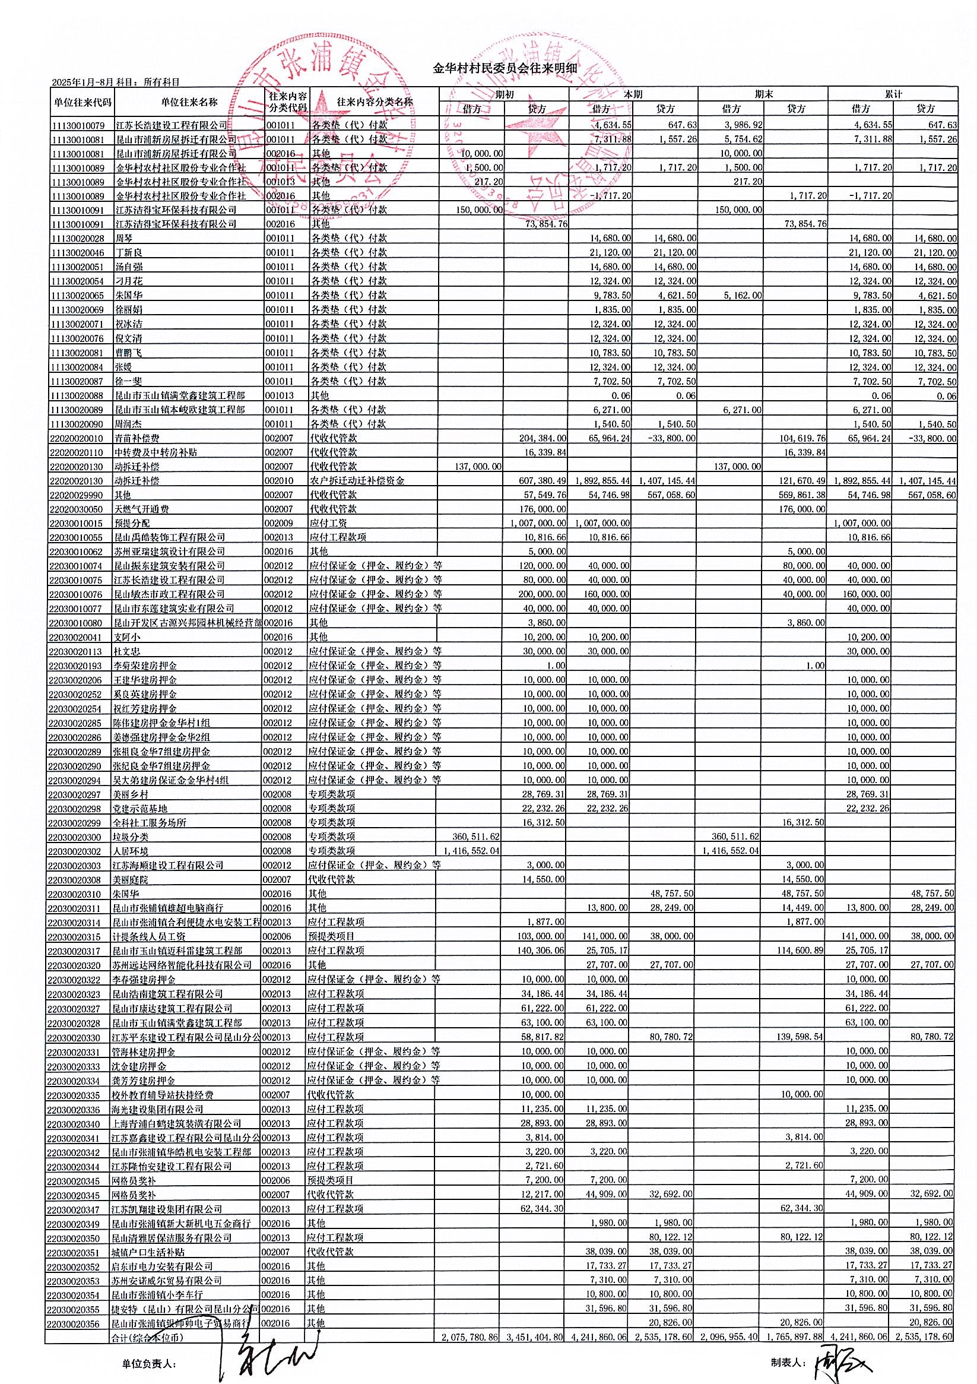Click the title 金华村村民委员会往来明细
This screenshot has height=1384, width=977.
click(x=505, y=68)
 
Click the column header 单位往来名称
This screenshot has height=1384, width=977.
click(x=189, y=102)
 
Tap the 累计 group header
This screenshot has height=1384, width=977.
click(x=893, y=94)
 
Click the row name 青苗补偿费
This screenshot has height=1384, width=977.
click(x=137, y=438)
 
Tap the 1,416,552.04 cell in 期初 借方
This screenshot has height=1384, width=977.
click(x=472, y=851)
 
